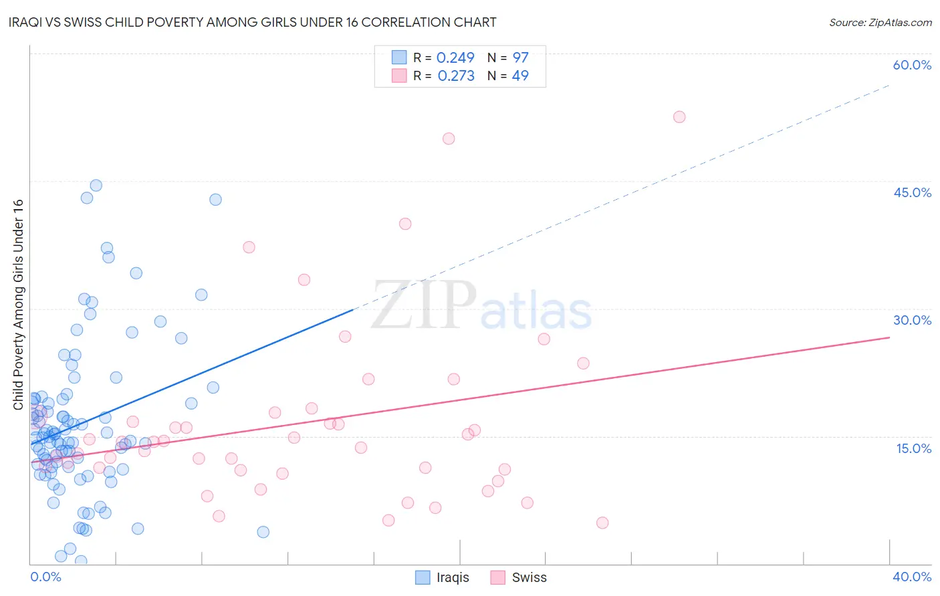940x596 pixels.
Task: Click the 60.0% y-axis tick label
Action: click(x=912, y=65)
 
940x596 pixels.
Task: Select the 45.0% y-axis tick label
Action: click(x=912, y=192)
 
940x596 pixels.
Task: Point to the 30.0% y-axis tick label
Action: click(x=912, y=320)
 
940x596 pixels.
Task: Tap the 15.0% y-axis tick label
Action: click(x=913, y=448)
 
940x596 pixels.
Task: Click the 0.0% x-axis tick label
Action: click(x=45, y=577)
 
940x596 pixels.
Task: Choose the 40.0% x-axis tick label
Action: click(x=912, y=577)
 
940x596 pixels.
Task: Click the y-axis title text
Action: click(x=18, y=305)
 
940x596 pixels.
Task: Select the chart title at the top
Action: click(x=253, y=22)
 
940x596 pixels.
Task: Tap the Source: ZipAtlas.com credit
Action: click(x=880, y=22)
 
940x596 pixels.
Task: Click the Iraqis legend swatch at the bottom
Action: click(x=423, y=577)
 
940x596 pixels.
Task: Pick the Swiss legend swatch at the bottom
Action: click(x=497, y=577)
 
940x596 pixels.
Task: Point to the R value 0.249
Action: click(x=455, y=57)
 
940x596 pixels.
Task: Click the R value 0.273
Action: click(x=456, y=76)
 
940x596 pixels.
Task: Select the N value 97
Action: click(x=520, y=57)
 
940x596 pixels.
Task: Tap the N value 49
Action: click(x=520, y=76)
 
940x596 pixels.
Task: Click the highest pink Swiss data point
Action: click(x=679, y=117)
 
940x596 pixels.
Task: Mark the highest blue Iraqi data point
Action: click(x=96, y=186)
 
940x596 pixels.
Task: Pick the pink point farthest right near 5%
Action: click(x=602, y=523)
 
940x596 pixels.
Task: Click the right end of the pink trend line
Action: click(x=889, y=337)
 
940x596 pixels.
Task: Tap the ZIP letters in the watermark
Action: click(x=424, y=306)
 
